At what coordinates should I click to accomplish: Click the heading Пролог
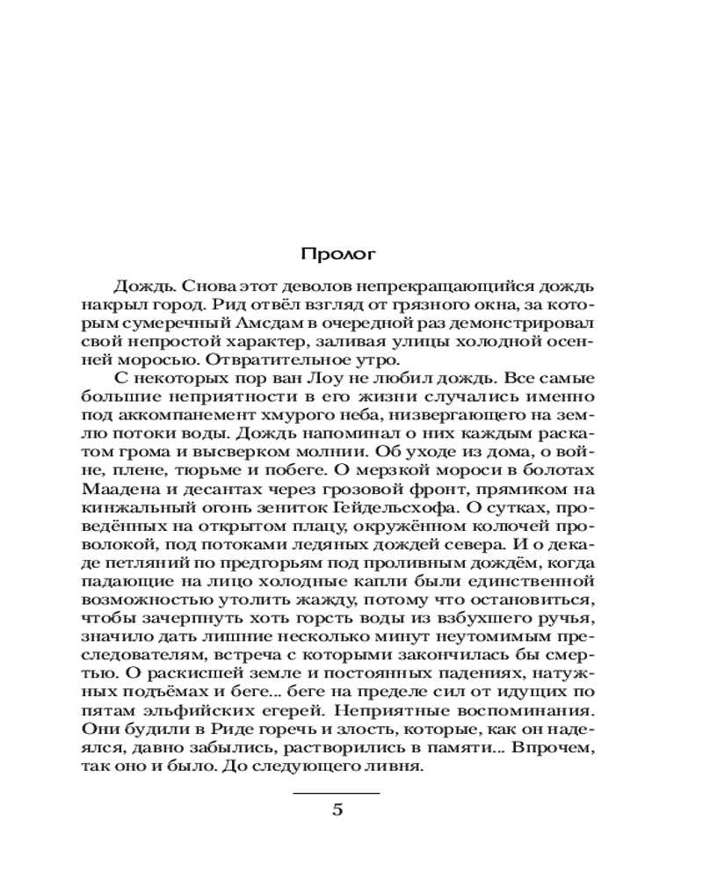[x=338, y=255]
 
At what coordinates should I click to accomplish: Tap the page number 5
[x=338, y=810]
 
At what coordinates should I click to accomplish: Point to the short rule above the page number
[x=338, y=794]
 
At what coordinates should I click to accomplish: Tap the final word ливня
[x=397, y=766]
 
